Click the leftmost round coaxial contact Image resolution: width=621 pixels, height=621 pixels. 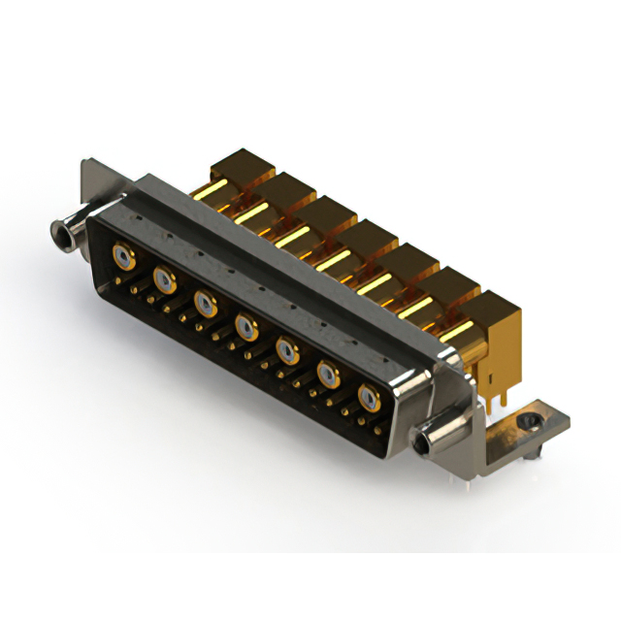[x=123, y=257]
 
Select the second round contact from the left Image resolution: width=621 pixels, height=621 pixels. [x=165, y=281]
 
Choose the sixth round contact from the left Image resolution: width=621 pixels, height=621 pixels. [x=328, y=373]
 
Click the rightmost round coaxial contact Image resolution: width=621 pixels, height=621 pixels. [x=369, y=397]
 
